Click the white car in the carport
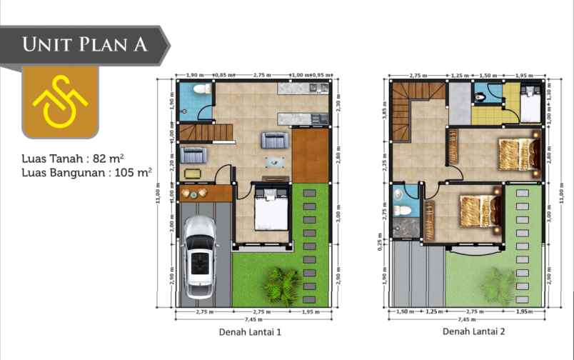(198, 257)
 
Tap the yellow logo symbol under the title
(60, 102)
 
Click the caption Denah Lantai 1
(249, 331)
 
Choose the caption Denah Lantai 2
(471, 331)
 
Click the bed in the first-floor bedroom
(271, 210)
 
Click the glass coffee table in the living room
(273, 161)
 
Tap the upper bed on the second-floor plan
(518, 152)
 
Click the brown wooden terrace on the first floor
(310, 154)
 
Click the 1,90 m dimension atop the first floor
(195, 75)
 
